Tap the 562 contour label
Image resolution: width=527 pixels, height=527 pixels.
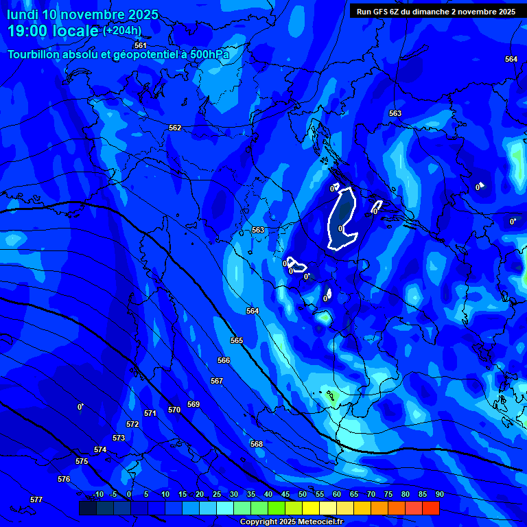click(x=175, y=128)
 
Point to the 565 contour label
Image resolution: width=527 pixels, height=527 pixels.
click(x=237, y=340)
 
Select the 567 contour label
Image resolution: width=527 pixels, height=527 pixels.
click(x=217, y=381)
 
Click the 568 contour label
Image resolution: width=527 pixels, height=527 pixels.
click(x=257, y=444)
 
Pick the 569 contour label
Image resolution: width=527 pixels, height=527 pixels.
click(x=194, y=404)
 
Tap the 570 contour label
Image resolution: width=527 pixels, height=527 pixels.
click(x=174, y=410)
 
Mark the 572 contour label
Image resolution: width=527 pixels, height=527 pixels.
click(x=132, y=424)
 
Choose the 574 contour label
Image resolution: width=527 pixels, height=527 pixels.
click(x=100, y=449)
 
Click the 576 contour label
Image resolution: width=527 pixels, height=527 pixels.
click(x=64, y=479)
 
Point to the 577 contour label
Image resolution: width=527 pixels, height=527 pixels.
click(x=36, y=500)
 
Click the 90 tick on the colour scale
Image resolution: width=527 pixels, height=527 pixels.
click(x=439, y=494)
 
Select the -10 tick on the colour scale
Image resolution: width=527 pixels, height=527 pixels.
click(x=97, y=494)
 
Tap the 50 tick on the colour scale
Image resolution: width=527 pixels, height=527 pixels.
click(x=302, y=494)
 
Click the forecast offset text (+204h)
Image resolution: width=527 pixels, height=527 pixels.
click(x=122, y=30)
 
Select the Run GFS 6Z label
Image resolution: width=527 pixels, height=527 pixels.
click(x=380, y=12)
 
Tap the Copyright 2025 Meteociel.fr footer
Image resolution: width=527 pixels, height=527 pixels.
click(x=291, y=522)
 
